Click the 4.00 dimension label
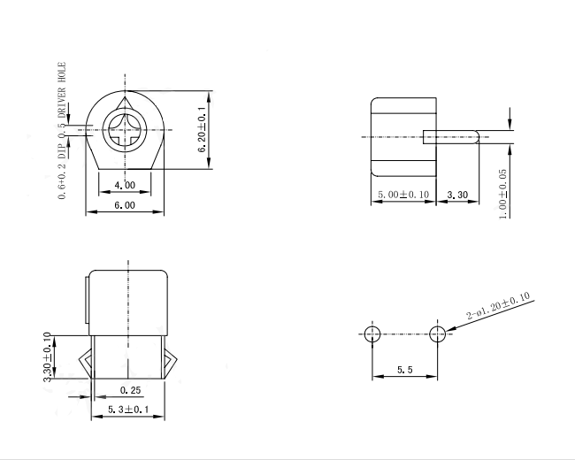(x=125, y=185)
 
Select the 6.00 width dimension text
(x=125, y=205)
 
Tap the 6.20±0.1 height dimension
(x=202, y=130)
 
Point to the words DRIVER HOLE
(x=62, y=90)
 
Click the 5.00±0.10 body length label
(x=403, y=194)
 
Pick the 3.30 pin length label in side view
(x=457, y=195)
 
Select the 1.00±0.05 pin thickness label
(x=503, y=194)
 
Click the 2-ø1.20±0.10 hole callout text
(x=498, y=305)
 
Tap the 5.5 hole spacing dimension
(x=405, y=370)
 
